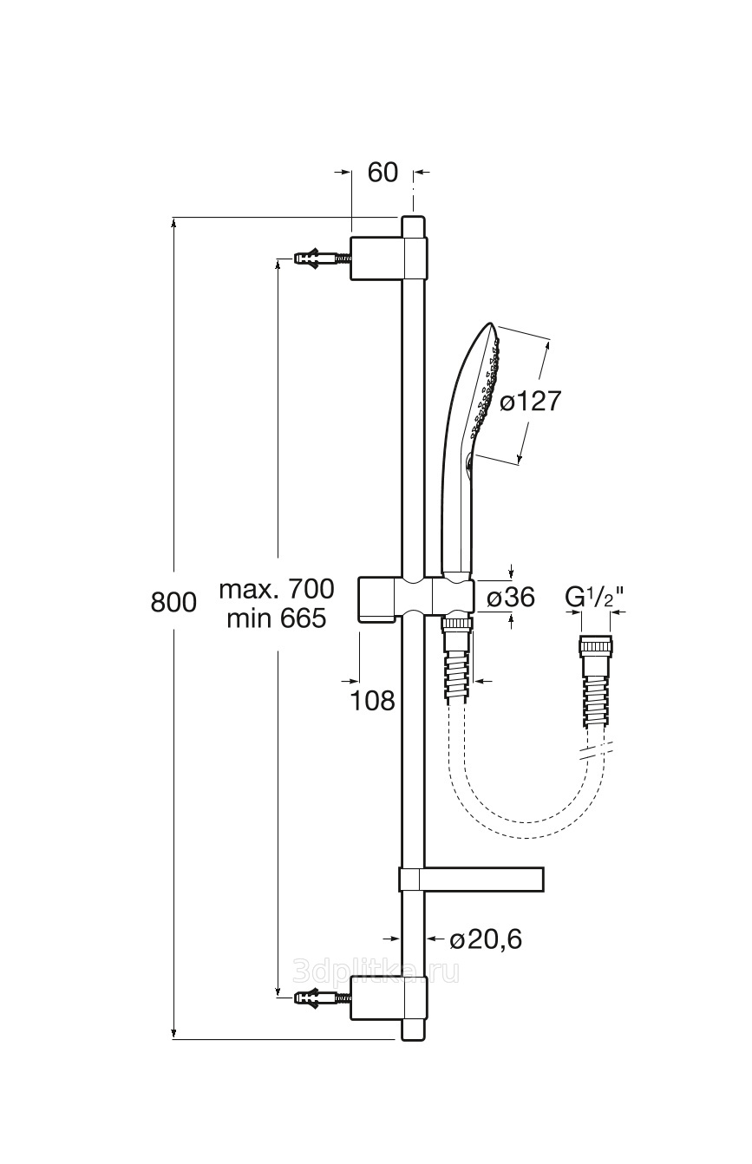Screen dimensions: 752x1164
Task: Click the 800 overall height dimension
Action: click(x=173, y=603)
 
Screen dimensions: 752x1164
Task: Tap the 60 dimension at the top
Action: click(x=383, y=172)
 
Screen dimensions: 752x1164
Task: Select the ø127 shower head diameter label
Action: click(x=531, y=402)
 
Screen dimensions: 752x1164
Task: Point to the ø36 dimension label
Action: click(x=511, y=597)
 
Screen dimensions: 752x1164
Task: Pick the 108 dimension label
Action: click(x=373, y=701)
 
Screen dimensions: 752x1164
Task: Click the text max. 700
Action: click(x=277, y=589)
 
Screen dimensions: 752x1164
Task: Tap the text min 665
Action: click(x=277, y=618)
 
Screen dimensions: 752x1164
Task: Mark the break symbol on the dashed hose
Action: click(x=596, y=753)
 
